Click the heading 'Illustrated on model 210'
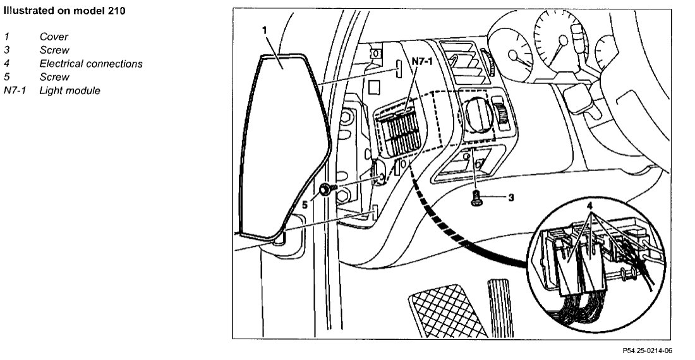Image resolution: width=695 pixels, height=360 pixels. tap(63, 11)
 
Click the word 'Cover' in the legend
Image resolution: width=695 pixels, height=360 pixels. tap(54, 37)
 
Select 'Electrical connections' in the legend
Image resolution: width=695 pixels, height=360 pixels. tap(91, 64)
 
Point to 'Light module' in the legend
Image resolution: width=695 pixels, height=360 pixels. tap(69, 91)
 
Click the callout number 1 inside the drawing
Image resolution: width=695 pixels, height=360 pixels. tap(265, 30)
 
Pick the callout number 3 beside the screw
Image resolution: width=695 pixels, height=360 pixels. tap(511, 197)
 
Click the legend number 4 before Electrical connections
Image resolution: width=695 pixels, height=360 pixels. tap(6, 64)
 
